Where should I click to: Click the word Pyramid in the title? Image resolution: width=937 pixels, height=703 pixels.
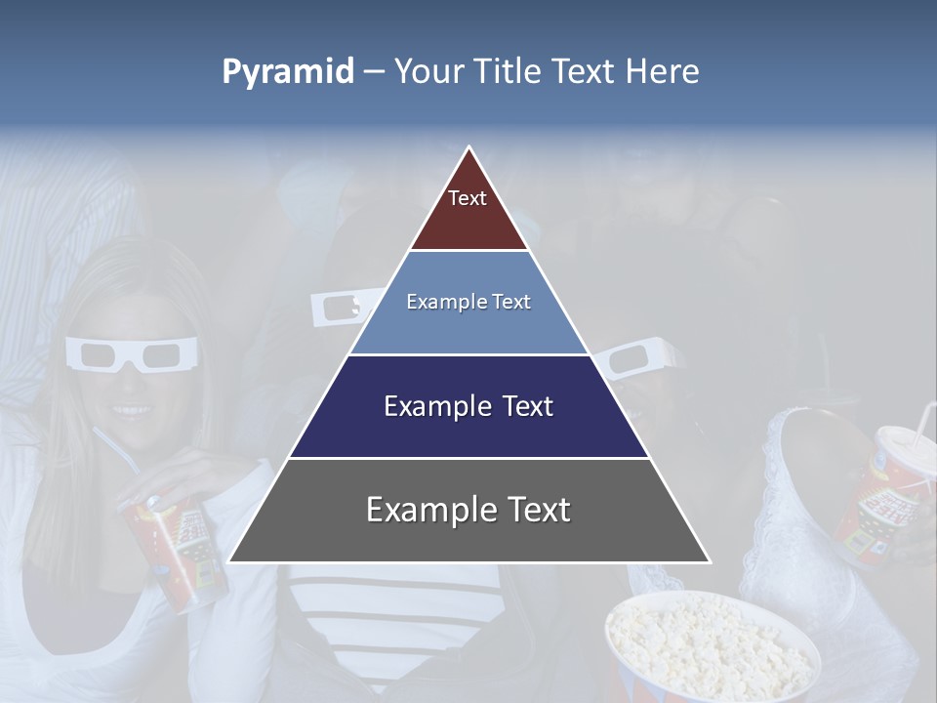[x=287, y=72]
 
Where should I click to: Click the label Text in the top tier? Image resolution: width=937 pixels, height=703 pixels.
[x=468, y=198]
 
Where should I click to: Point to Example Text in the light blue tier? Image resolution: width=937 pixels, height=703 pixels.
[x=468, y=302]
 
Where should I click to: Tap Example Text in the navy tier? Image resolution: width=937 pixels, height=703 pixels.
[x=468, y=406]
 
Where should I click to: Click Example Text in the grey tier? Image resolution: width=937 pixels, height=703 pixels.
[x=468, y=510]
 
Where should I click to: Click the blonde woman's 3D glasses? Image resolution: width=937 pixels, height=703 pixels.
[x=132, y=353]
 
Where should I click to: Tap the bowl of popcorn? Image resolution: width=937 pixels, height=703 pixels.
[x=711, y=644]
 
